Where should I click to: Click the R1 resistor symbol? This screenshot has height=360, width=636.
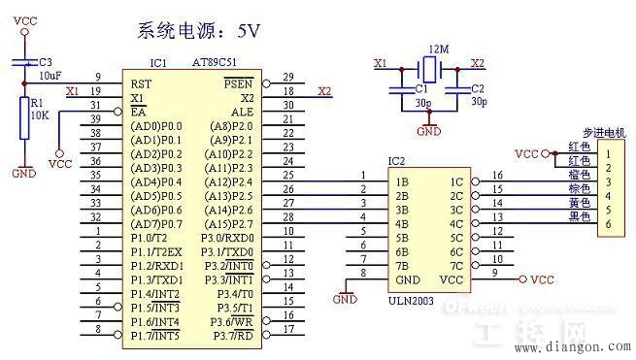coord(25,118)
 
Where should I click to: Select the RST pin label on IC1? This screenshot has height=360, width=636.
coord(140,83)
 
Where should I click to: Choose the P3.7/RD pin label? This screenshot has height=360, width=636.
coord(234,336)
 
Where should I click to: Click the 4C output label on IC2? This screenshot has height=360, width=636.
coord(455,223)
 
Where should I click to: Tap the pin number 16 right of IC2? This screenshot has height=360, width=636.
coord(497,175)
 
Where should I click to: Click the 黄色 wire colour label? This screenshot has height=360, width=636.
coord(578,203)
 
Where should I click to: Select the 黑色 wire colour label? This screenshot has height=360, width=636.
coord(578,217)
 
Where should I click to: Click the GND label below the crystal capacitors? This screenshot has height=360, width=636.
coord(426,130)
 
